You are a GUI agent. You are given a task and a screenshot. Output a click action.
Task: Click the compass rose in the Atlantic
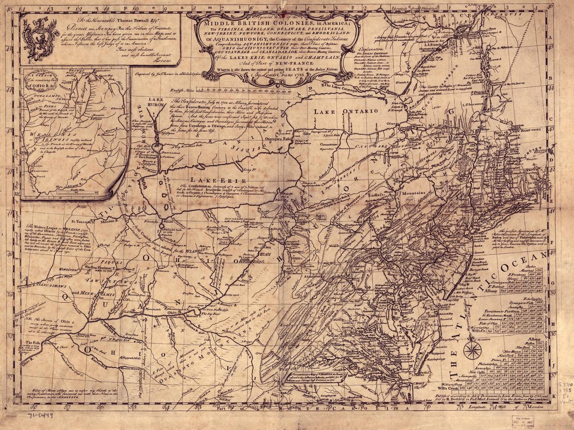[x=472, y=350]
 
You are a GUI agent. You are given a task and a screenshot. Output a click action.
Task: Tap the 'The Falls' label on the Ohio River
[x=33, y=343]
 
